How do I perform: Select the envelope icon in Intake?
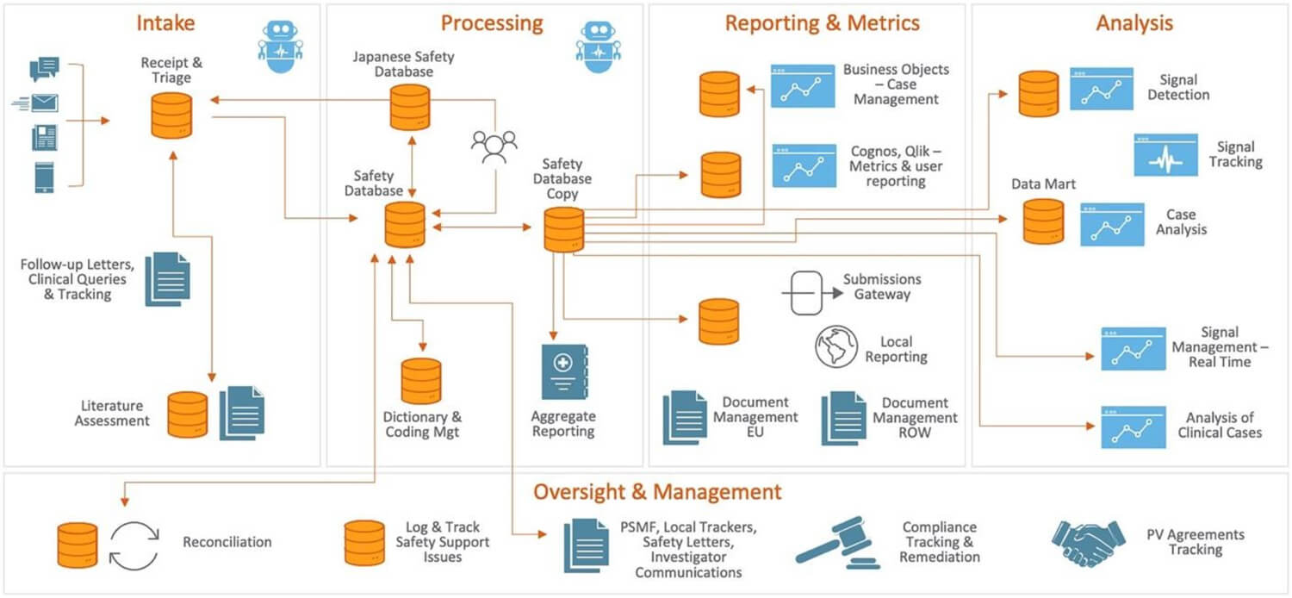coord(43,103)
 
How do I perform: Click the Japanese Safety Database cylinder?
coord(410,107)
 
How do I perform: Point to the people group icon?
coord(494,146)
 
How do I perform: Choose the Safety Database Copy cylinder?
coord(564,229)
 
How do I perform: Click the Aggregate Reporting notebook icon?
coord(564,371)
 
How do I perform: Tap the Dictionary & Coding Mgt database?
coord(421,380)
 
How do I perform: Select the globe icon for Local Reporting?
coord(836,346)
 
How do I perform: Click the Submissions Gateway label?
coord(882,287)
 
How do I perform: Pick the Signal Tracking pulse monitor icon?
coord(1165,155)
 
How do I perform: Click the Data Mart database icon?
coord(1043,221)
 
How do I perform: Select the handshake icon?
coord(1089,542)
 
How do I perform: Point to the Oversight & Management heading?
coord(657,492)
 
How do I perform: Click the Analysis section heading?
coord(1134,23)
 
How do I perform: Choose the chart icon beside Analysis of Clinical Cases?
coord(1133,427)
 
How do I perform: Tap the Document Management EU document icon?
coord(684,417)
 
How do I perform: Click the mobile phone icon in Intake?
coord(45,177)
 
